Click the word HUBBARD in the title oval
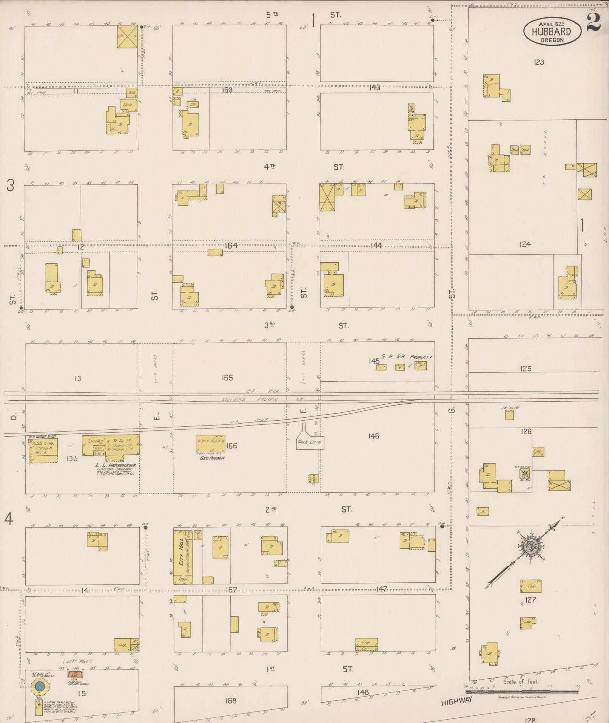(x=551, y=32)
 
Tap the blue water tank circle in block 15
(x=40, y=686)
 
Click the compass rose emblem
(x=530, y=547)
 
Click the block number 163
(x=227, y=90)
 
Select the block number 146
(x=373, y=436)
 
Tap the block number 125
(x=525, y=368)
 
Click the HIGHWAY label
(x=457, y=701)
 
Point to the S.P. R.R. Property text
(x=406, y=357)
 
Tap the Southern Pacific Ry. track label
(x=250, y=399)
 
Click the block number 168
(x=230, y=701)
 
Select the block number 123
(x=539, y=62)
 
